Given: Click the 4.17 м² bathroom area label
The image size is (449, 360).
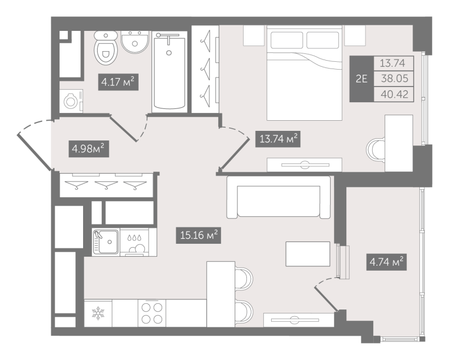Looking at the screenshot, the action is [118, 82].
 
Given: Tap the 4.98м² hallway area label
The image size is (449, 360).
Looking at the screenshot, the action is [89, 149].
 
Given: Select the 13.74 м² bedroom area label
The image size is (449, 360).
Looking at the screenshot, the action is [278, 139].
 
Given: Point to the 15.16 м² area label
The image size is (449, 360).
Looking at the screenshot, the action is [199, 235].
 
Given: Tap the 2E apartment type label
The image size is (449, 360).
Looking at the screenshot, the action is [361, 79].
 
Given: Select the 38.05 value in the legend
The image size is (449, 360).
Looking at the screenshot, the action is [395, 78].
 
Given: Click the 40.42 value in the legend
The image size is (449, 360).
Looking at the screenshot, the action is [395, 94].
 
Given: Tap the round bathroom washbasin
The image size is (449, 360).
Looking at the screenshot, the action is [135, 42].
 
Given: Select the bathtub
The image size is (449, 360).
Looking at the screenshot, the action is [169, 72].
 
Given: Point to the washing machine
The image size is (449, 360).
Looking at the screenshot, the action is [71, 101].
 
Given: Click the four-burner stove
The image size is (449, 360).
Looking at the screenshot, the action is [152, 313].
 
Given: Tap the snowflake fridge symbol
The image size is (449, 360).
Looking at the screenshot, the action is [98, 313].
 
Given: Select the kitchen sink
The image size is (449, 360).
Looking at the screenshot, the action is [106, 242].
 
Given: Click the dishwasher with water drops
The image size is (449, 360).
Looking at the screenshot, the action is [135, 242].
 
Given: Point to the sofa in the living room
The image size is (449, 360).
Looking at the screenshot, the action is [278, 198].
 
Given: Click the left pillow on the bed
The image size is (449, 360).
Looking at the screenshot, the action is [287, 40].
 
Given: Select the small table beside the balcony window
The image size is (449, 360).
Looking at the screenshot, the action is [308, 254].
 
